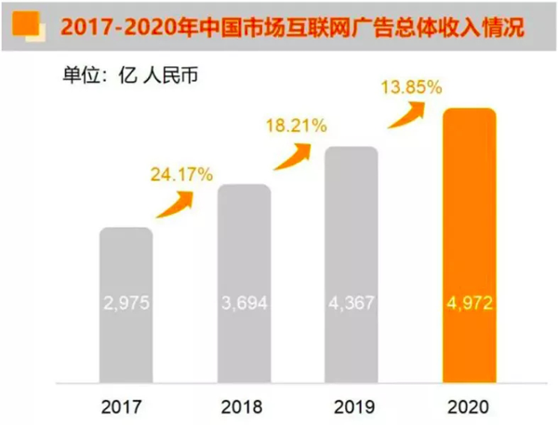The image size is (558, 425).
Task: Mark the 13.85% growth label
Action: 410,88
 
